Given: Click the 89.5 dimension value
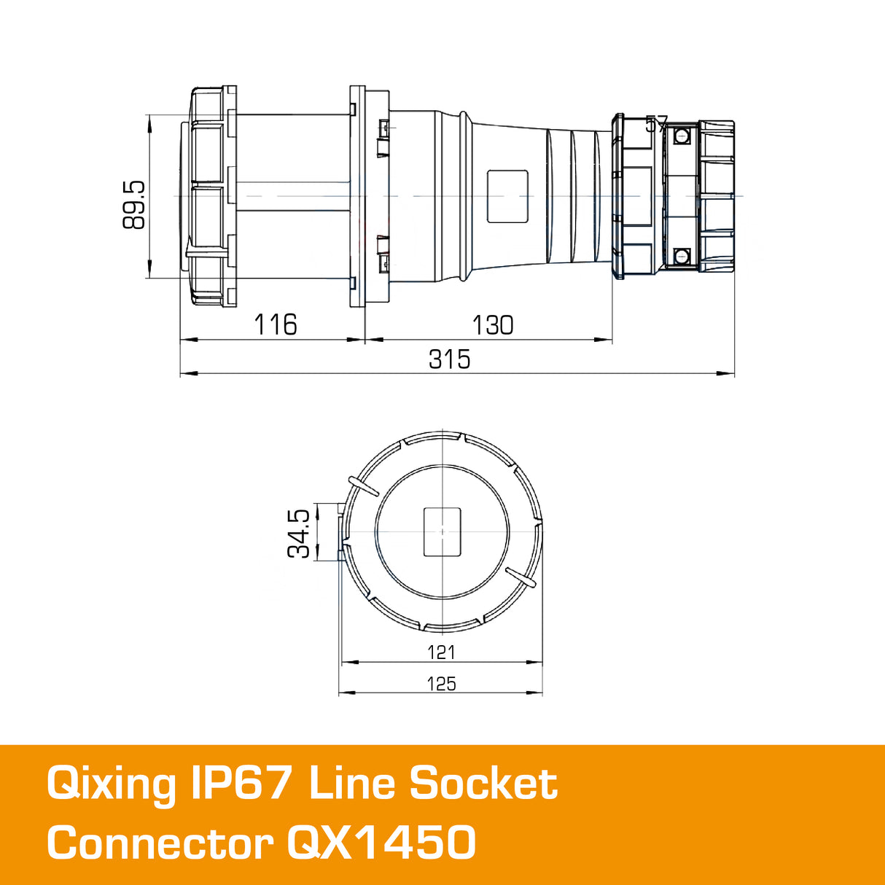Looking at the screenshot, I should click(134, 206).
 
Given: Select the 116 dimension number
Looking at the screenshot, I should click(276, 324).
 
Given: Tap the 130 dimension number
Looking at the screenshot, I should click(493, 324).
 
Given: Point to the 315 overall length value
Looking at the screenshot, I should click(449, 359).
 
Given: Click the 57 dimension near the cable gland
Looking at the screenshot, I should click(656, 125).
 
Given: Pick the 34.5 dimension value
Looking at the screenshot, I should click(299, 534).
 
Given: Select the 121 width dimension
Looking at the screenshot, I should click(441, 652).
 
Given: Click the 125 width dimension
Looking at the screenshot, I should click(441, 684).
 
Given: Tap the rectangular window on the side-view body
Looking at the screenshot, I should click(507, 196).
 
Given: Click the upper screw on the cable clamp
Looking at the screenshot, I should click(682, 136).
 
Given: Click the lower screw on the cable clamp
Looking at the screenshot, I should click(682, 256).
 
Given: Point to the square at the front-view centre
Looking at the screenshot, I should click(442, 531).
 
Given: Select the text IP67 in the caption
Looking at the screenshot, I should click(243, 784).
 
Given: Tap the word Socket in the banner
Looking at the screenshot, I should click(483, 784).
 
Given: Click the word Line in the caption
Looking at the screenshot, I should click(351, 784).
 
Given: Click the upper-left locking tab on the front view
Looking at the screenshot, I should click(362, 486).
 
